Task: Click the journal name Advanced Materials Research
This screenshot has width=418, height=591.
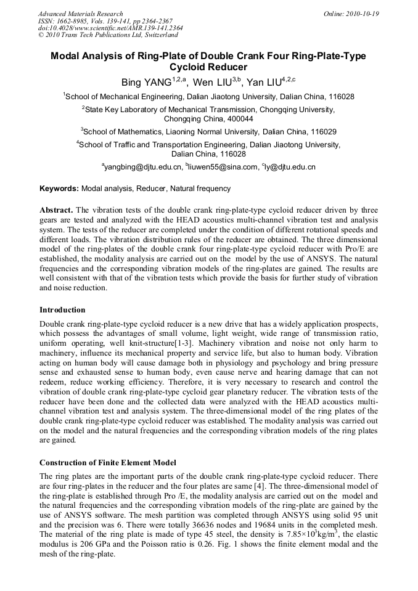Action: [80, 14]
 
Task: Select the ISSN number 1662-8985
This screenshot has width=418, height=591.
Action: [70, 21]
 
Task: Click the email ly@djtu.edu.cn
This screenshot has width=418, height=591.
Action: [290, 167]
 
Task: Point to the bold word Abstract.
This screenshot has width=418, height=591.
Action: [57, 210]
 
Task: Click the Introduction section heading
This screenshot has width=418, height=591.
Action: [62, 309]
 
